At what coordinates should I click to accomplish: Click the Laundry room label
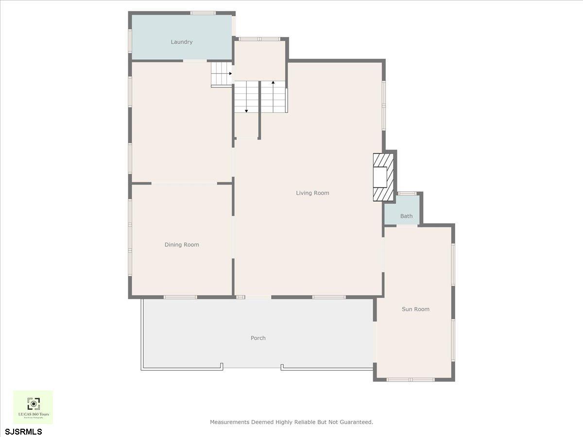(x=181, y=42)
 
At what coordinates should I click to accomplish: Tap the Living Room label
(x=312, y=193)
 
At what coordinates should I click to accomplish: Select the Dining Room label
(x=182, y=245)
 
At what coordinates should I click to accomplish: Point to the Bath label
(x=406, y=217)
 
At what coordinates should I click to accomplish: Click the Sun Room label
(x=415, y=309)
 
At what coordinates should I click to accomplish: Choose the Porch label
(x=258, y=338)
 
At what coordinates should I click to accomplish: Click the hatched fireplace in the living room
(x=382, y=177)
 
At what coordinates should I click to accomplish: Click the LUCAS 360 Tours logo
(x=33, y=407)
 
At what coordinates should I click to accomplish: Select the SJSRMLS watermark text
(x=23, y=431)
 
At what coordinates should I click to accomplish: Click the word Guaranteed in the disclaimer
(x=356, y=422)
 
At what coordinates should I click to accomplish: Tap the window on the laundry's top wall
(x=203, y=13)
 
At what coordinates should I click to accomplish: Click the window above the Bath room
(x=406, y=194)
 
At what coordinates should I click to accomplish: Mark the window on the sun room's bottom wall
(x=411, y=379)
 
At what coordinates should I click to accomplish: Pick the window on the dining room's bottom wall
(x=180, y=297)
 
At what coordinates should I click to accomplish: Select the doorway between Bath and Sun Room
(x=407, y=225)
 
